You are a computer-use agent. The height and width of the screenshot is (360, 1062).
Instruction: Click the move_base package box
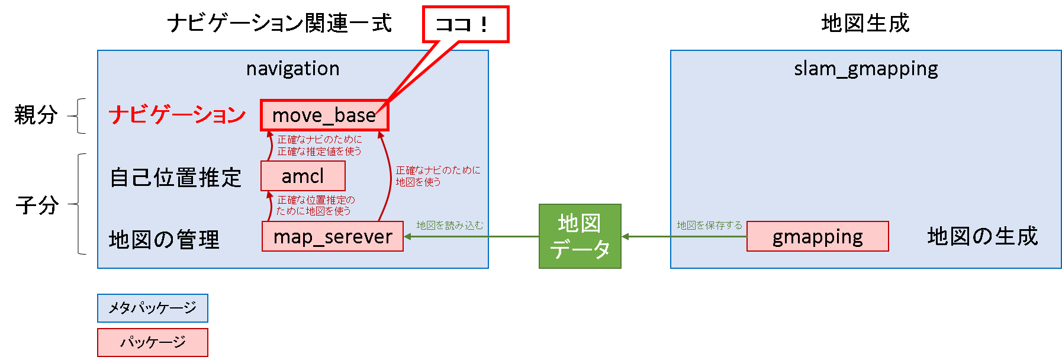coord(324,115)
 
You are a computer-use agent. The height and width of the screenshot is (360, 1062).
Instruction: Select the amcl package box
coord(302,176)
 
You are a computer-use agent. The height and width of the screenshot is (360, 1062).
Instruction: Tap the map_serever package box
coord(332,236)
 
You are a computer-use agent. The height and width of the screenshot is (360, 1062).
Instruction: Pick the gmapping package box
coord(817,236)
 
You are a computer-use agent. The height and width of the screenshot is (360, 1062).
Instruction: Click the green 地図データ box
coord(580,236)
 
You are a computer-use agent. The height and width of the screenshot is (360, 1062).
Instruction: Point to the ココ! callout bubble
coord(465,24)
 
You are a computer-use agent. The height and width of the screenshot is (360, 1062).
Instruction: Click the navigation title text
coord(292,69)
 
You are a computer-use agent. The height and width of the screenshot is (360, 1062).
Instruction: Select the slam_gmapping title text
coord(865,69)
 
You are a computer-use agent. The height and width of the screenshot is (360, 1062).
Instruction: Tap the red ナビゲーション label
coord(177,115)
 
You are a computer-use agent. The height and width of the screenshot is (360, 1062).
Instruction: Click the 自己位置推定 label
coord(176,178)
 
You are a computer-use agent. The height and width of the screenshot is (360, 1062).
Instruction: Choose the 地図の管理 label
coord(164,240)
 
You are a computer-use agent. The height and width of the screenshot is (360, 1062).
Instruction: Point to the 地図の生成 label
coord(982,236)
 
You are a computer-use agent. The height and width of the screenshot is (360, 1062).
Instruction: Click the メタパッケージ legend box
coord(153,308)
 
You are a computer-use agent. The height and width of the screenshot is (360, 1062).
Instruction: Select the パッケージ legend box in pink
coord(153,342)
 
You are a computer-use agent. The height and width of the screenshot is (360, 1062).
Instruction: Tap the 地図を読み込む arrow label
coord(449,226)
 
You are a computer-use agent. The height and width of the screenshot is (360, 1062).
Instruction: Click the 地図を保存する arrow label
coord(709,226)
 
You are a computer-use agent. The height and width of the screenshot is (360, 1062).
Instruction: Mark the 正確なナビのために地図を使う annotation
coord(438,176)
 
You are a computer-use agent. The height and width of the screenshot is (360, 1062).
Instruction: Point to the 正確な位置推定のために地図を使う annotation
coord(315,205)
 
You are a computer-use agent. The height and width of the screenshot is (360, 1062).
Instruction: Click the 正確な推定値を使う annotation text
coord(319,152)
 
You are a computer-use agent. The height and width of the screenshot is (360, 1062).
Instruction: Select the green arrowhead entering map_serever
coord(408,236)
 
